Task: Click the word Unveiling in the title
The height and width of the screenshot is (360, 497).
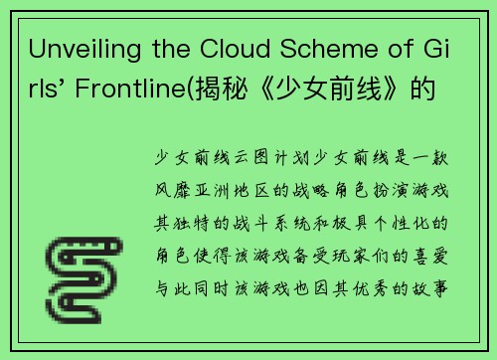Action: point(76,50)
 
